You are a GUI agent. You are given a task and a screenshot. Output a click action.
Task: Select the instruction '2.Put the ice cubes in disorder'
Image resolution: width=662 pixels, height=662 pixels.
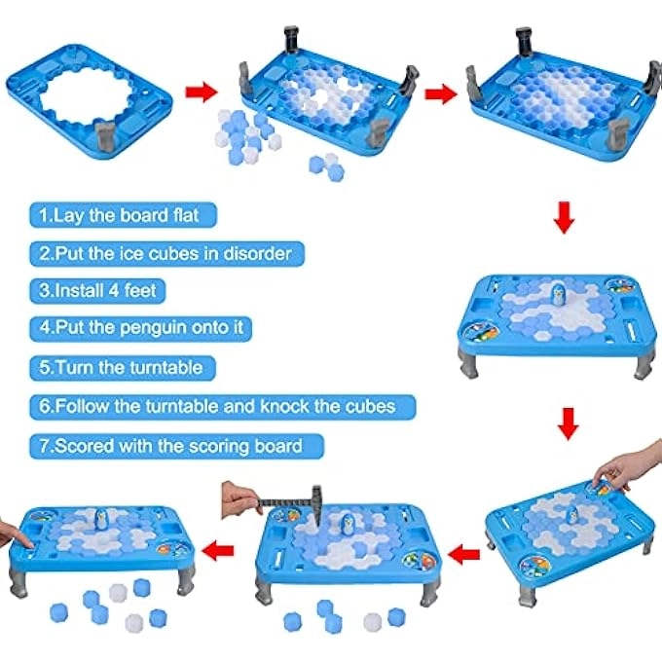164,253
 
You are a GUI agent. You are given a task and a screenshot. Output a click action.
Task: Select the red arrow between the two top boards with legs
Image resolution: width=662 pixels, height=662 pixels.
440,93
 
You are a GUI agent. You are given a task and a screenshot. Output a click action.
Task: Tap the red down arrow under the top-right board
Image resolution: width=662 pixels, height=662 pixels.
563,218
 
